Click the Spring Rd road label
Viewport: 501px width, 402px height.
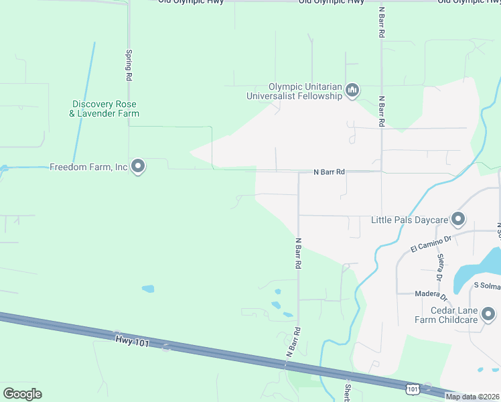click(x=127, y=65)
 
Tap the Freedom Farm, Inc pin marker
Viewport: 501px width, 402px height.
click(x=138, y=166)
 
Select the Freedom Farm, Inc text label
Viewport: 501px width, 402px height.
click(x=88, y=167)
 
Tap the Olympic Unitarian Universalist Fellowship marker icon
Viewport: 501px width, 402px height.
click(x=352, y=90)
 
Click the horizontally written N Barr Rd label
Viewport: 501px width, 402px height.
click(x=329, y=172)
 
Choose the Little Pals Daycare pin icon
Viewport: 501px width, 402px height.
click(x=458, y=219)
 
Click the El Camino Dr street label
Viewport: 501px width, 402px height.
click(x=432, y=243)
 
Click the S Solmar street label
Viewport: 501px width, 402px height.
click(x=486, y=287)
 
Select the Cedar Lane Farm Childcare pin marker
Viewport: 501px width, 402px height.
click(x=488, y=314)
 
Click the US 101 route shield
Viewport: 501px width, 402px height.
click(x=413, y=389)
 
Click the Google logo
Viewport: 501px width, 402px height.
click(x=22, y=394)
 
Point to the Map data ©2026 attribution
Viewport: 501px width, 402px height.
click(x=472, y=397)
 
